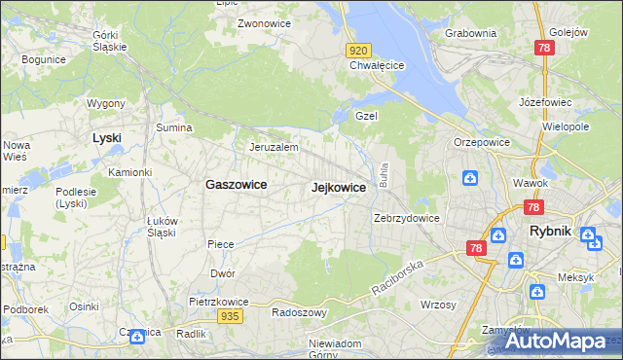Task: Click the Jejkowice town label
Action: point(339,187)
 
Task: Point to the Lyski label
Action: point(106,137)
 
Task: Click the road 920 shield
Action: point(358,50)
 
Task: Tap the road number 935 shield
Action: point(230,316)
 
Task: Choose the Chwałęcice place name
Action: point(377,66)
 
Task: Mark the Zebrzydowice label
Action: point(408,218)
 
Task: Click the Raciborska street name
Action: point(398,277)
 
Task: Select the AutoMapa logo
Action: point(555,341)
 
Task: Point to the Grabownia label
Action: point(470,33)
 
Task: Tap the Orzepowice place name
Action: point(482,141)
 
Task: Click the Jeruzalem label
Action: point(274,147)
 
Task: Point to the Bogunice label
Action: point(43,59)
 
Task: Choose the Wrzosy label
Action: point(438,305)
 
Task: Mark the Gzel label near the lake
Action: point(366,115)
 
